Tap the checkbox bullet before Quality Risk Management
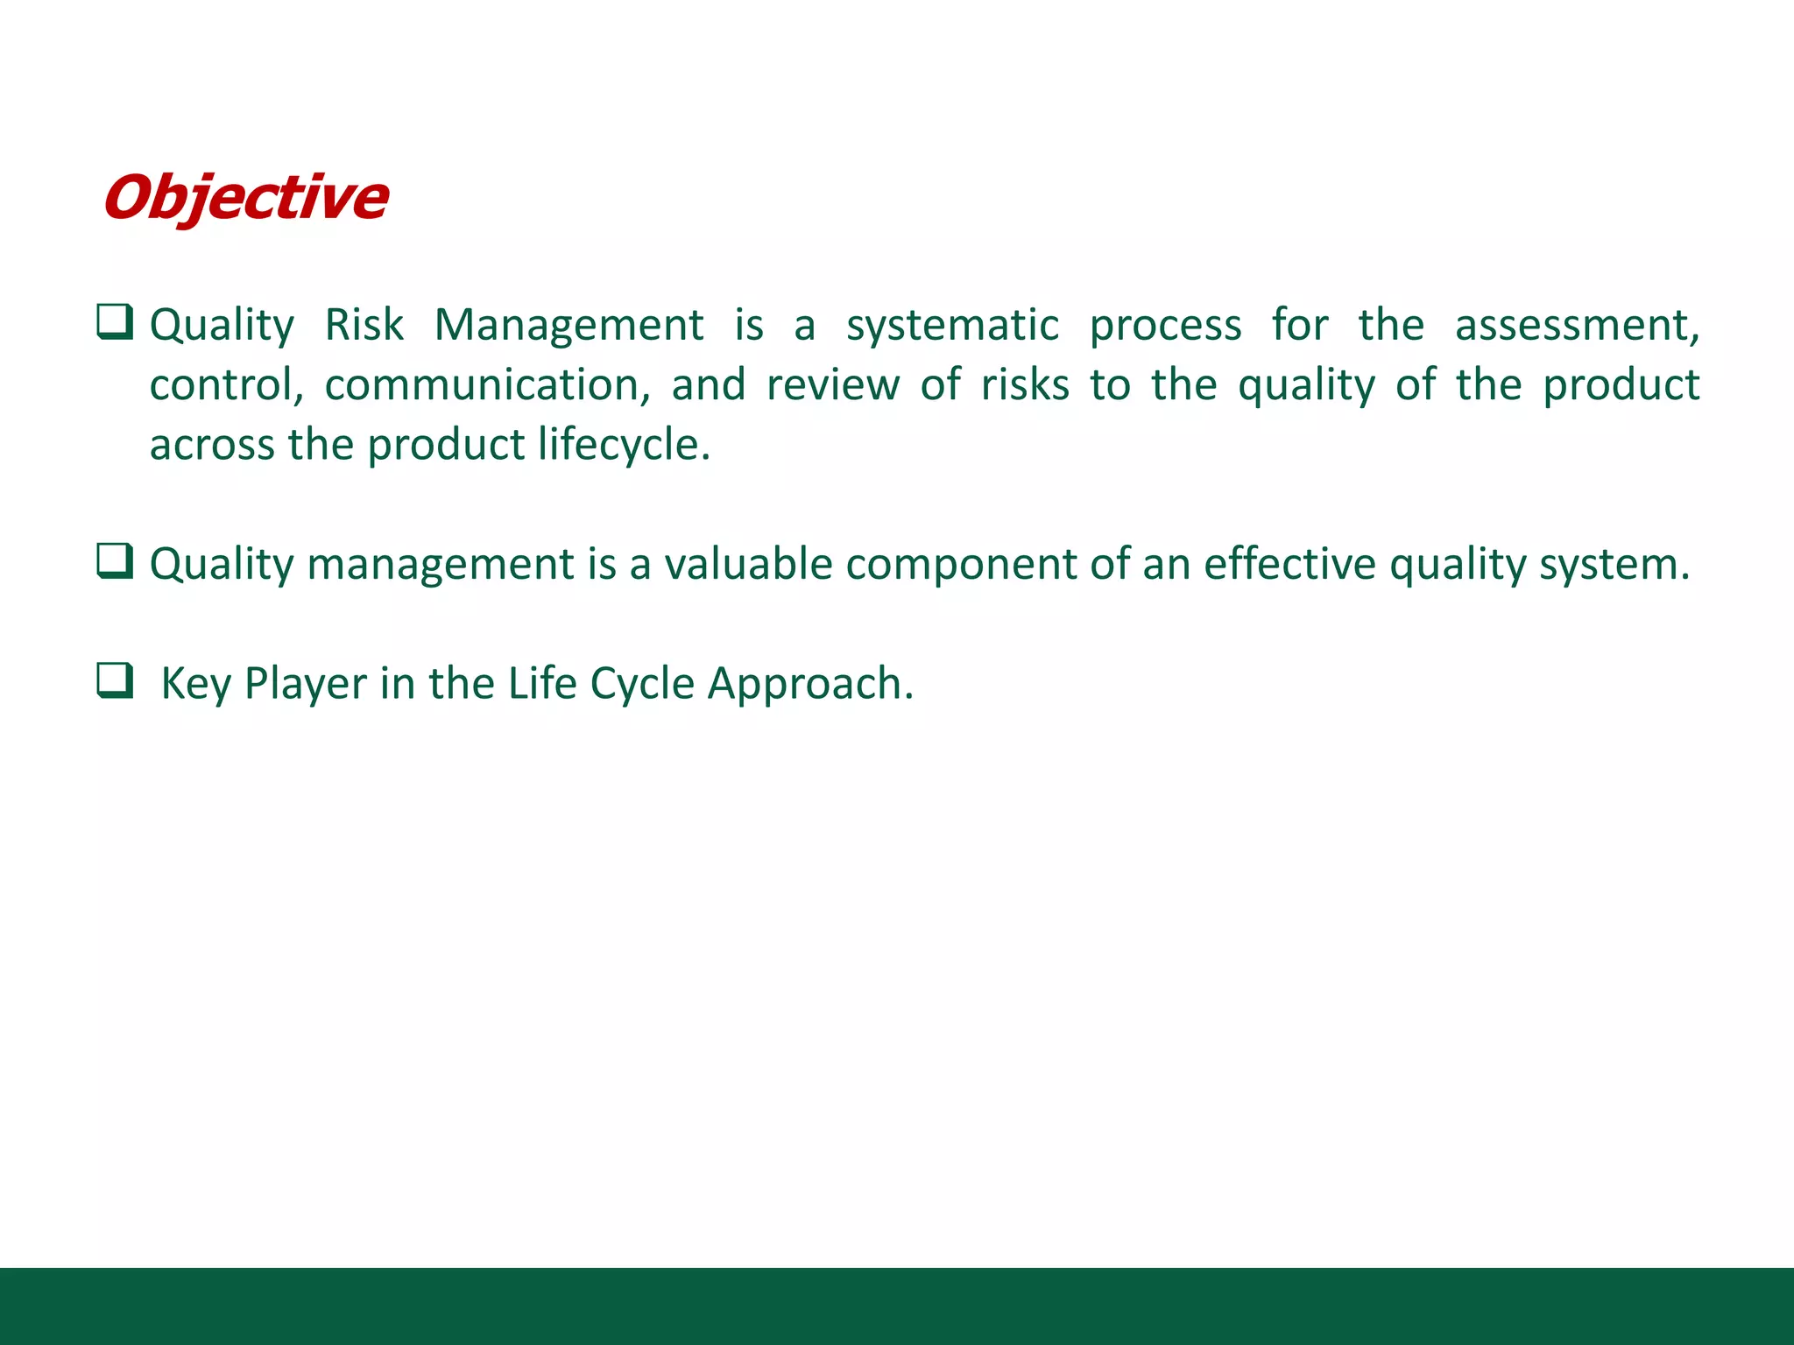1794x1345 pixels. [115, 322]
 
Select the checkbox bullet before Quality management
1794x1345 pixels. [115, 561]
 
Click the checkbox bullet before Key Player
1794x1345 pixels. [115, 680]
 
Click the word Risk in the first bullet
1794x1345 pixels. [364, 326]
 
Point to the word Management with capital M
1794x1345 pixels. [569, 326]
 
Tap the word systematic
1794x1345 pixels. [952, 326]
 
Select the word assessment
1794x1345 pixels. [1575, 326]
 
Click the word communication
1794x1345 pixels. [487, 385]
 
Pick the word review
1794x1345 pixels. [832, 385]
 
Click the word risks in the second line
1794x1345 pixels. [1024, 385]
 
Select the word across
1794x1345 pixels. [211, 445]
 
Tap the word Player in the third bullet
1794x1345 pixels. [305, 684]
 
